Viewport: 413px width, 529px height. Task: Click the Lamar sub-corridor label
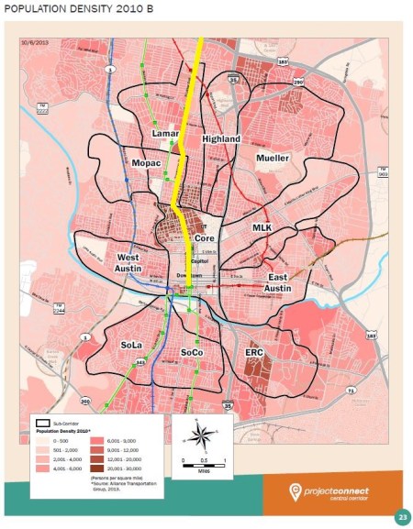click(165, 134)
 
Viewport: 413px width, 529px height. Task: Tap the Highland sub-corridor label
click(221, 139)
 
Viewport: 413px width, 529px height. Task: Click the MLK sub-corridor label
click(262, 226)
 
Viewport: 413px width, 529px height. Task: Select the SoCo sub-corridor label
click(192, 352)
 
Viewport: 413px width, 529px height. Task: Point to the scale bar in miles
click(204, 460)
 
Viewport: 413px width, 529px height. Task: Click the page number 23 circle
click(401, 517)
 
